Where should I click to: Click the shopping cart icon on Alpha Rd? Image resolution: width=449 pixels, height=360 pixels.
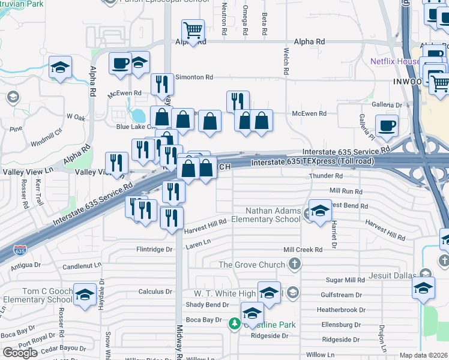pos(193,29)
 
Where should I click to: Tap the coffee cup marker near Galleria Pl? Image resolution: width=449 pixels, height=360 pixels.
pos(387,125)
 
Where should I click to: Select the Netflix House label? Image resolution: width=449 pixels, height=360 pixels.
pos(395,61)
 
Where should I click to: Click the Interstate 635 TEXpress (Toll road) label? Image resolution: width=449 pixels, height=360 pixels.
pos(312,161)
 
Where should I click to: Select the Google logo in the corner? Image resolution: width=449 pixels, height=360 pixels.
pos(20,353)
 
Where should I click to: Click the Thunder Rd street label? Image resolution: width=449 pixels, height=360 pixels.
pos(325,176)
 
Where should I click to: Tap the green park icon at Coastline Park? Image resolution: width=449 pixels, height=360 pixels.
pos(234,324)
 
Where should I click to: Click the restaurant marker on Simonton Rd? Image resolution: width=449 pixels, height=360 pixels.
pos(161,85)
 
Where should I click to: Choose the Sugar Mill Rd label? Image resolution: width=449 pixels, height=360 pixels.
pos(345,280)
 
